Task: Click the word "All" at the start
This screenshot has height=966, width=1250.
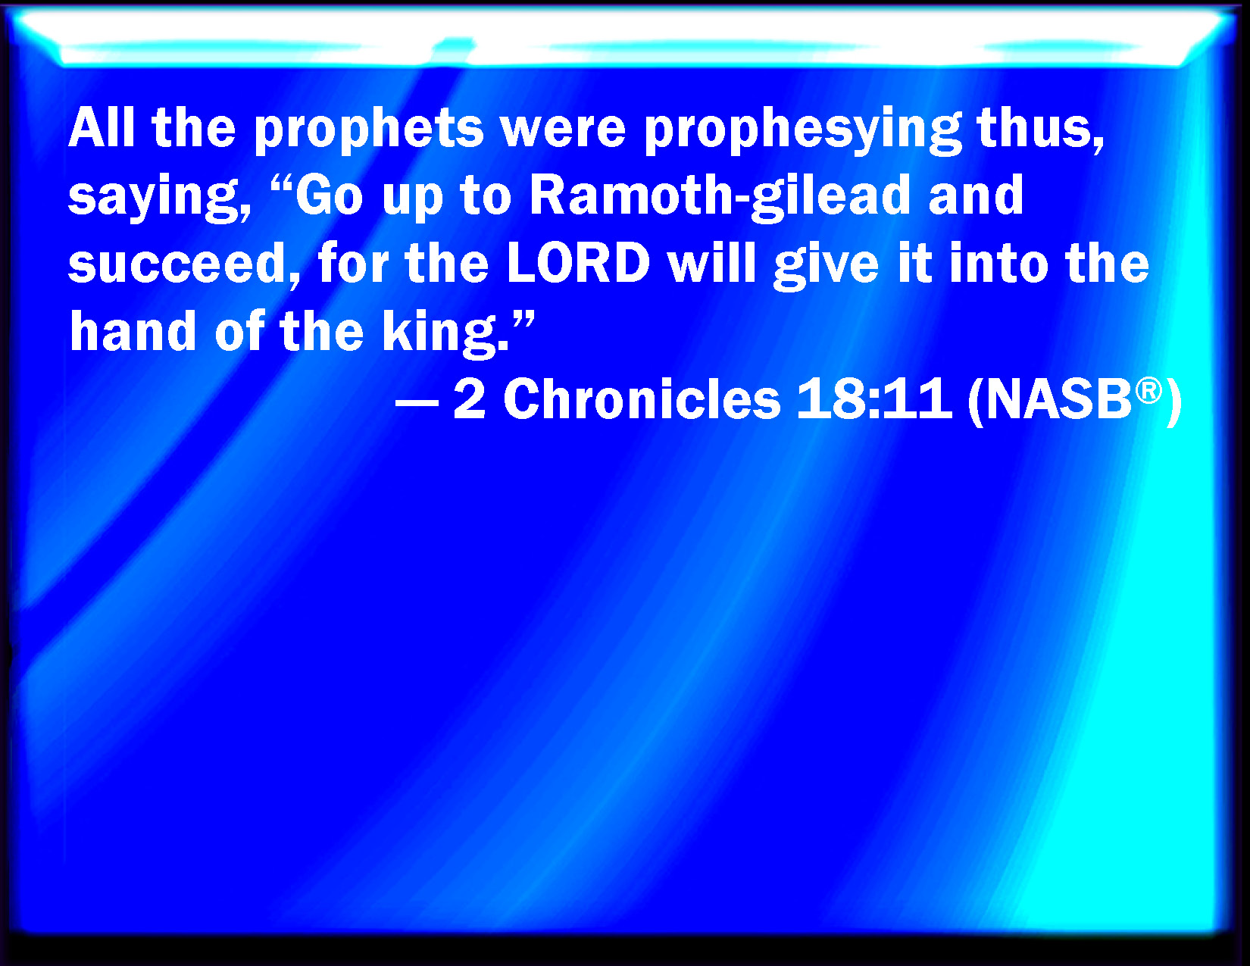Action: (x=102, y=127)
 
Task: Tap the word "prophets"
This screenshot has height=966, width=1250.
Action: (x=369, y=130)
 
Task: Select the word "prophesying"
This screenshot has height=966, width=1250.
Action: (x=803, y=130)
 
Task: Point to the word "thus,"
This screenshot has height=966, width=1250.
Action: (x=1041, y=130)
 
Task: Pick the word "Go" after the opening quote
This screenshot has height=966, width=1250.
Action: (x=329, y=195)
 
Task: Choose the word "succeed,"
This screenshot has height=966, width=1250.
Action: (x=184, y=265)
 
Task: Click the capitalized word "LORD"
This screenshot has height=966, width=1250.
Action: (x=578, y=264)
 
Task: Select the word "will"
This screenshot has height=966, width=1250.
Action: (x=711, y=263)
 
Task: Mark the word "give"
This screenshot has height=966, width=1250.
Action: (x=826, y=267)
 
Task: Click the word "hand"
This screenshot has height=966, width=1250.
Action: (x=133, y=330)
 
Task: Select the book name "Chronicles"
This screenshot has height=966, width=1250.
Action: (x=642, y=399)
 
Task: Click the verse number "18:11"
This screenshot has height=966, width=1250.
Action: (x=874, y=399)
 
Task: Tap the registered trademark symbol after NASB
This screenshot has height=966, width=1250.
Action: (x=1148, y=391)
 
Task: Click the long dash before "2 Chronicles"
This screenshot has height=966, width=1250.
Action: (x=417, y=402)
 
